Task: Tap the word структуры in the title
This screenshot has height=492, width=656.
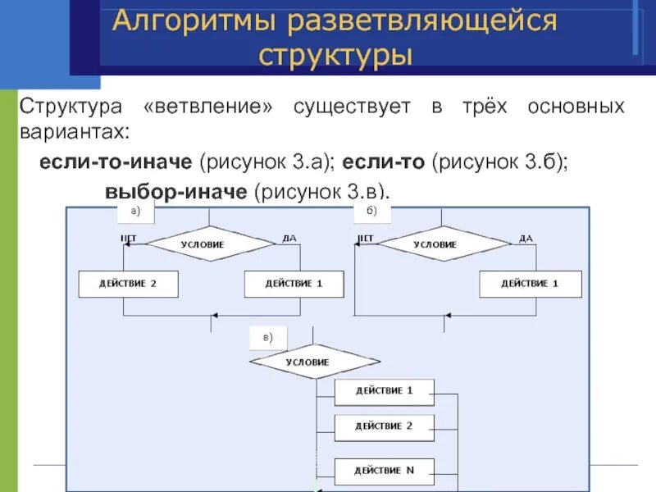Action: pyautogui.click(x=335, y=57)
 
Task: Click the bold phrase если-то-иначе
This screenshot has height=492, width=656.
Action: pyautogui.click(x=116, y=162)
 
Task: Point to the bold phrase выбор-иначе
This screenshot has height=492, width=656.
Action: pyautogui.click(x=175, y=192)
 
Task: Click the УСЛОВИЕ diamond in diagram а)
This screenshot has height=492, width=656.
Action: pyautogui.click(x=210, y=244)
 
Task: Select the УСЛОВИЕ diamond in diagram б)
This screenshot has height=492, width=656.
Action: pyautogui.click(x=444, y=244)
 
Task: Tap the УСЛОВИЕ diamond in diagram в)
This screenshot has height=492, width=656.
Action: pyautogui.click(x=307, y=362)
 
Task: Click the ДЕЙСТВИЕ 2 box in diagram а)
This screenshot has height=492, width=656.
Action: pyautogui.click(x=128, y=284)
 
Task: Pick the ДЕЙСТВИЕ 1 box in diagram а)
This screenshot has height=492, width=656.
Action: pyautogui.click(x=294, y=284)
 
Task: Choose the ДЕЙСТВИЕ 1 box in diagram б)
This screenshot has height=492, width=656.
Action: pyautogui.click(x=530, y=284)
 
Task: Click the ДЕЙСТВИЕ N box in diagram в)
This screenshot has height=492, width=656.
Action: pyautogui.click(x=384, y=471)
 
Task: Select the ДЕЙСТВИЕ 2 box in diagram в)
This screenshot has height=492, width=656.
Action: pyautogui.click(x=384, y=426)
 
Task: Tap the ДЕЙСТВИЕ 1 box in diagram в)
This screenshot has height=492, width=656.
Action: pyautogui.click(x=384, y=391)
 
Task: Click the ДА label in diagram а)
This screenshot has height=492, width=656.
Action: pyautogui.click(x=289, y=238)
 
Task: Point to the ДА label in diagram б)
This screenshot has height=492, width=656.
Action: pyautogui.click(x=526, y=238)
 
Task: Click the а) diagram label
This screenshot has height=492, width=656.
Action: pyautogui.click(x=136, y=212)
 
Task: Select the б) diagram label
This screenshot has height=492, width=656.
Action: pyautogui.click(x=371, y=212)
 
